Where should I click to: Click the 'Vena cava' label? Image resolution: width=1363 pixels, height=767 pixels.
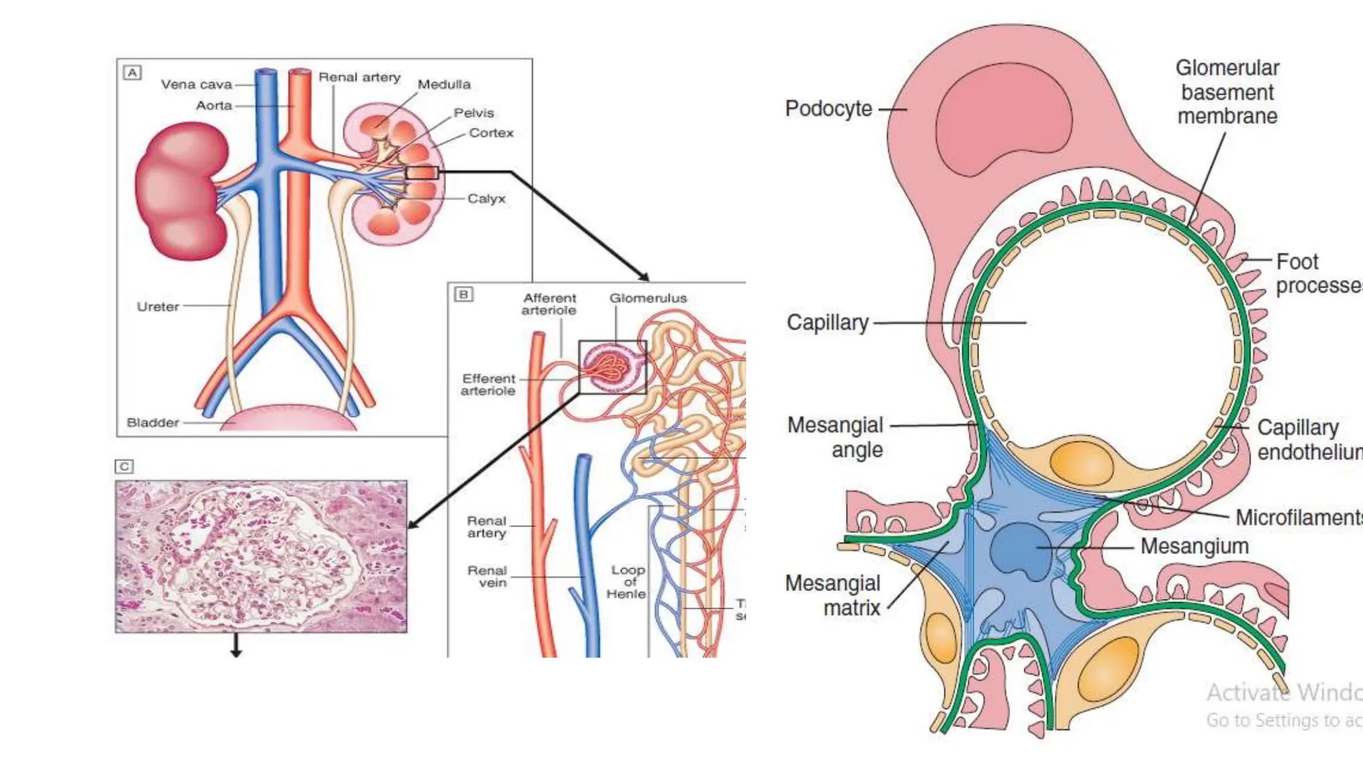pyautogui.click(x=196, y=85)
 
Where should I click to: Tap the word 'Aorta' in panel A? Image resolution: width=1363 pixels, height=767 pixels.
pyautogui.click(x=214, y=105)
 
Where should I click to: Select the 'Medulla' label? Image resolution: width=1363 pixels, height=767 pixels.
pyautogui.click(x=444, y=85)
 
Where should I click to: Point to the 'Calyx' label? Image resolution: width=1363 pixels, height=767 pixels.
pyautogui.click(x=487, y=198)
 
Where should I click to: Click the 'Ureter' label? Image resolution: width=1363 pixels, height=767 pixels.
pyautogui.click(x=158, y=307)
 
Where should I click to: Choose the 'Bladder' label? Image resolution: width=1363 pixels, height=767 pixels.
pyautogui.click(x=152, y=423)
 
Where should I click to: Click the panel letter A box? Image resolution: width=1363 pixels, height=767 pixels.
pyautogui.click(x=132, y=73)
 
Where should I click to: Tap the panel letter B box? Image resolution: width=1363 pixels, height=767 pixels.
pyautogui.click(x=463, y=294)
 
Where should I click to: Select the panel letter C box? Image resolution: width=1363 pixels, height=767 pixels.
pyautogui.click(x=124, y=466)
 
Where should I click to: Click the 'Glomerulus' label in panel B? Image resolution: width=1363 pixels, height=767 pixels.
pyautogui.click(x=648, y=298)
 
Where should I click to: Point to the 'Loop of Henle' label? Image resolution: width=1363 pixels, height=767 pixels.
pyautogui.click(x=627, y=582)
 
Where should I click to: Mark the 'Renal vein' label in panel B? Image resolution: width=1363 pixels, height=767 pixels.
pyautogui.click(x=487, y=577)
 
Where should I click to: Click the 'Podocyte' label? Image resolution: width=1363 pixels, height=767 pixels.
pyautogui.click(x=828, y=109)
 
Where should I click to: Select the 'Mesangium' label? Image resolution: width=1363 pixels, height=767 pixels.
pyautogui.click(x=1194, y=546)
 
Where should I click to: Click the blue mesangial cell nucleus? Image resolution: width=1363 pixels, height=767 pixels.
pyautogui.click(x=1018, y=549)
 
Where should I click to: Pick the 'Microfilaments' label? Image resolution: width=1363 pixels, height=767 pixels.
pyautogui.click(x=1298, y=517)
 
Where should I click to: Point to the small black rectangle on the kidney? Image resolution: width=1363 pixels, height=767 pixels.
pyautogui.click(x=422, y=173)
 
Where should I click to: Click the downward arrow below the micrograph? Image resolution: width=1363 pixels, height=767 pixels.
pyautogui.click(x=236, y=646)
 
